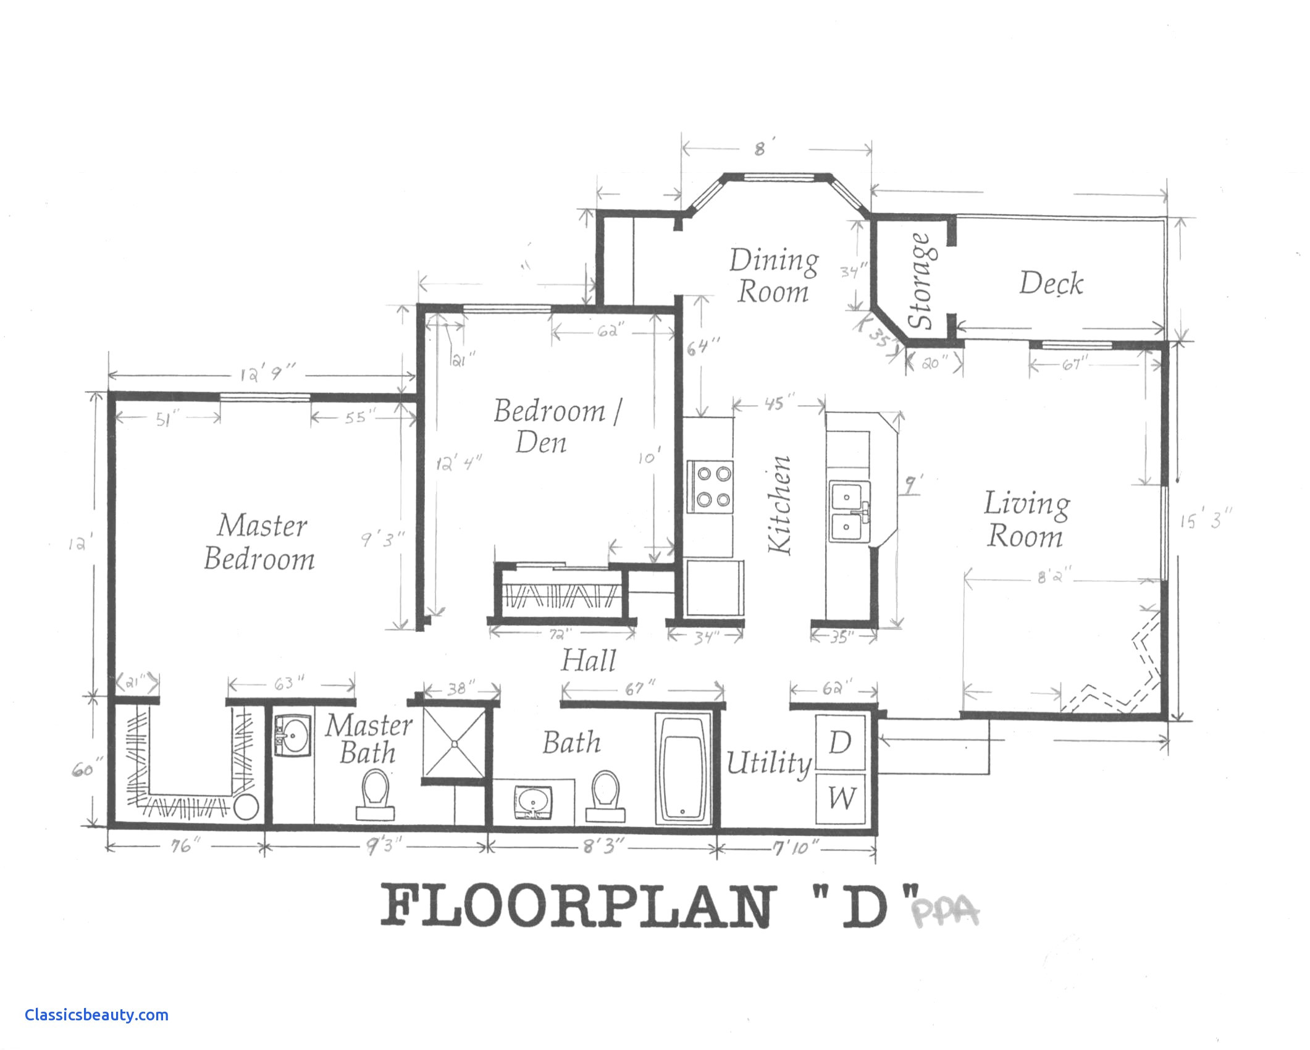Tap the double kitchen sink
pyautogui.click(x=849, y=511)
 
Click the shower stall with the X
pyautogui.click(x=455, y=744)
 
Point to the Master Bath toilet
pyautogui.click(x=375, y=796)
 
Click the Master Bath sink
pyautogui.click(x=292, y=736)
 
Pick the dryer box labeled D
pyautogui.click(x=840, y=742)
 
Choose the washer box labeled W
pyautogui.click(x=841, y=798)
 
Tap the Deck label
pyautogui.click(x=1051, y=283)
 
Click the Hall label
pyautogui.click(x=588, y=660)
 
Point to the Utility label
pyautogui.click(x=768, y=763)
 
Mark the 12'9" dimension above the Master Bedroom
pyautogui.click(x=267, y=374)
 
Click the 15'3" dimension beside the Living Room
pyautogui.click(x=1204, y=521)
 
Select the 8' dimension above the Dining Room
pyautogui.click(x=760, y=149)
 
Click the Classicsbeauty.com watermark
pyautogui.click(x=96, y=1015)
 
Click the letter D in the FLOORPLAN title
pyautogui.click(x=865, y=907)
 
